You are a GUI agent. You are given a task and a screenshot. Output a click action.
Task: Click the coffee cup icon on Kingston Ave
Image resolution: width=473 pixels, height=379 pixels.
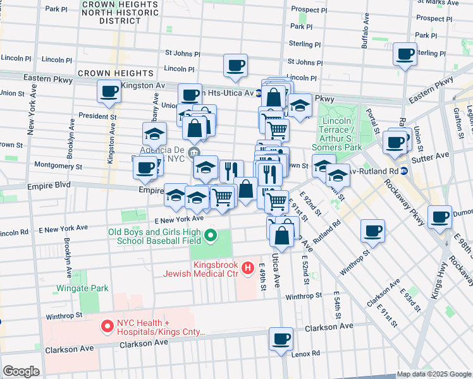point(109,92)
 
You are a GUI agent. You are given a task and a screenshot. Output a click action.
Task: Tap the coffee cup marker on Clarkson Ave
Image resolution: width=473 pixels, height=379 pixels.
point(281,338)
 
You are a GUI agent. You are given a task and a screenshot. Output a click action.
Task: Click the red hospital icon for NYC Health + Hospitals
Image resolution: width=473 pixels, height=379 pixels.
point(106,327)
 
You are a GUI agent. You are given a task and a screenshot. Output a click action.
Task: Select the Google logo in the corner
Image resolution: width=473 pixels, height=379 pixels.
point(21,371)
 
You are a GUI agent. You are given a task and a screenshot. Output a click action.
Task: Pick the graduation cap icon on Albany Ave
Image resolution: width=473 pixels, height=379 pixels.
point(154,133)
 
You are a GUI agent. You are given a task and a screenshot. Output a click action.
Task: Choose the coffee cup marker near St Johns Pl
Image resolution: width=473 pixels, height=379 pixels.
point(235,65)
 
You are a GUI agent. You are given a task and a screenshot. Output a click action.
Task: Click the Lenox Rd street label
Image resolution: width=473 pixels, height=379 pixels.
point(305,354)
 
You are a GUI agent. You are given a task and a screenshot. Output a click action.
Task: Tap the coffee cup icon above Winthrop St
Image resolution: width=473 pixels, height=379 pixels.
point(373,231)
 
